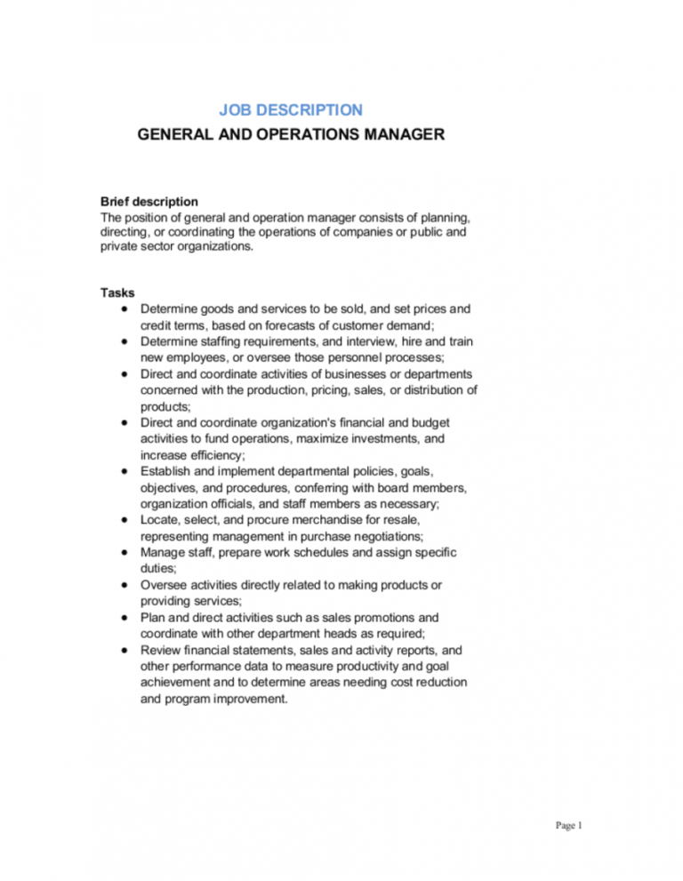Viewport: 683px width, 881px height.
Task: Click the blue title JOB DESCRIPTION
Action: pyautogui.click(x=291, y=110)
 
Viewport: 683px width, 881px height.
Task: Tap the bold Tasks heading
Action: pyautogui.click(x=117, y=292)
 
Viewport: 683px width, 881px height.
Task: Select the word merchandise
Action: pyautogui.click(x=313, y=521)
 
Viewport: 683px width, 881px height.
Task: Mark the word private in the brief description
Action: pyautogui.click(x=120, y=248)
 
